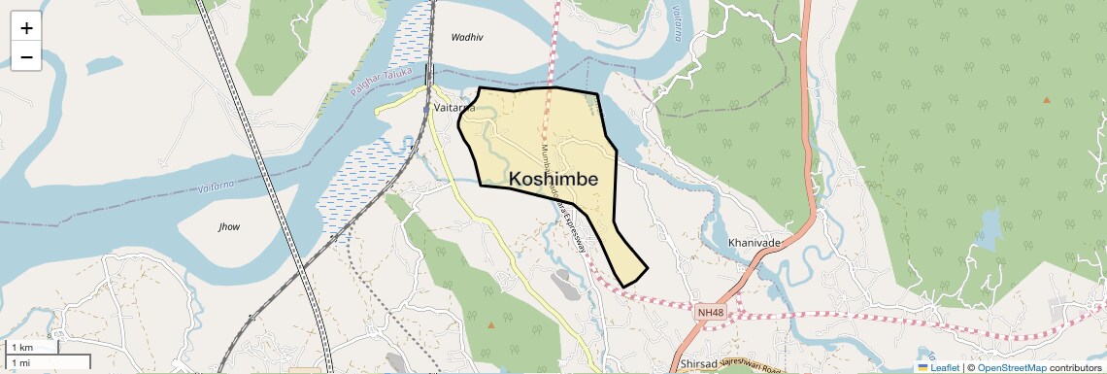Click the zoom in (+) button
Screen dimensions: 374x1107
pyautogui.click(x=26, y=29)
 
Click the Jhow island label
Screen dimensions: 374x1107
pyautogui.click(x=229, y=227)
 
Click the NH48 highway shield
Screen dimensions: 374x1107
pyautogui.click(x=710, y=312)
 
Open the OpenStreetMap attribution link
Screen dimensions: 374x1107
pyautogui.click(x=1011, y=367)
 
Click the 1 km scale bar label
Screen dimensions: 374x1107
pyautogui.click(x=21, y=348)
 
